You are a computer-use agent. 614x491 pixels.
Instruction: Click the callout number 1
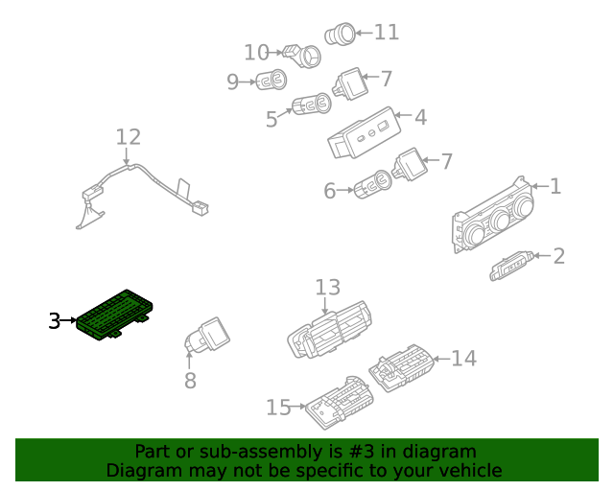click(x=555, y=186)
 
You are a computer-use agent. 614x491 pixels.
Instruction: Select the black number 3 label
click(x=55, y=321)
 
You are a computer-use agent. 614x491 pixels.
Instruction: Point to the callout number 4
click(x=420, y=118)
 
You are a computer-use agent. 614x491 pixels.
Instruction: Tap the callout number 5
click(x=272, y=119)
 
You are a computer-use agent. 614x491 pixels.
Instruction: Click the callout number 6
click(x=330, y=191)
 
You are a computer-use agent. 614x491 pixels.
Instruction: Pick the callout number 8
click(x=190, y=380)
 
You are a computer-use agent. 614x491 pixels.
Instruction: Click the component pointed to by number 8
click(x=206, y=338)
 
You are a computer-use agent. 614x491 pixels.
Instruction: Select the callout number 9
click(x=232, y=82)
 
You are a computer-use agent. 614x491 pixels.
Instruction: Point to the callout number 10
click(x=256, y=52)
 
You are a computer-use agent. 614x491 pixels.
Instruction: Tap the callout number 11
click(x=386, y=33)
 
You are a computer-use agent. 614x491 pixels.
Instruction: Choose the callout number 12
click(x=128, y=137)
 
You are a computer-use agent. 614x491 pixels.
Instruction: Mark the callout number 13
click(x=328, y=287)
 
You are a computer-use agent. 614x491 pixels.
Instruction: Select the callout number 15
click(x=278, y=408)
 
